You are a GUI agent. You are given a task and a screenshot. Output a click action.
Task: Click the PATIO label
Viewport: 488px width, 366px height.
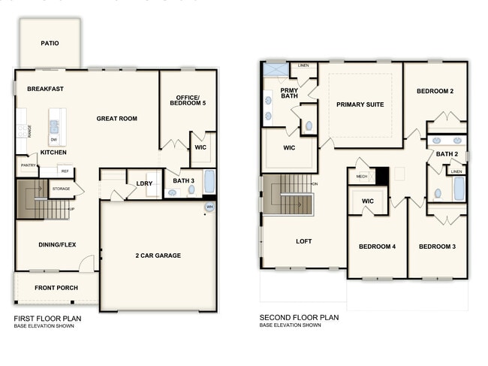[x=50, y=43]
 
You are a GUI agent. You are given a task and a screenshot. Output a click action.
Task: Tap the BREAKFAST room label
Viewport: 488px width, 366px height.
[x=45, y=89]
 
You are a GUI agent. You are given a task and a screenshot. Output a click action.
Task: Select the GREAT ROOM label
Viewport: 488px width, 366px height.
[x=116, y=119]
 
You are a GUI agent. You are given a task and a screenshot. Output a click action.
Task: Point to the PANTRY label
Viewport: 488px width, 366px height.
[x=29, y=165]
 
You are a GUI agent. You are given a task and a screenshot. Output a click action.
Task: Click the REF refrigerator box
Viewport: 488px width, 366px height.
[x=65, y=171]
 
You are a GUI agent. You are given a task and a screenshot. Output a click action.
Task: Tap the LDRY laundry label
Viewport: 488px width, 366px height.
[x=144, y=183]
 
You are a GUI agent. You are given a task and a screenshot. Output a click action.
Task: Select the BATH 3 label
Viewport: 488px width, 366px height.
[x=183, y=180]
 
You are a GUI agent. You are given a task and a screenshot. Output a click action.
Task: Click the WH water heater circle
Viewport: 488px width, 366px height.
[x=209, y=207]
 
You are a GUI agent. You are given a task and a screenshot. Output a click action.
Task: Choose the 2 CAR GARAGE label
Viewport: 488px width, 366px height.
[x=158, y=256]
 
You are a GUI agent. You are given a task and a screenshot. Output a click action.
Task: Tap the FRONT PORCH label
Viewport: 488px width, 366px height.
[x=56, y=288]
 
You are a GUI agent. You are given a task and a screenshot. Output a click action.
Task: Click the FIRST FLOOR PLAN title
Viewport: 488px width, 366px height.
[x=47, y=318]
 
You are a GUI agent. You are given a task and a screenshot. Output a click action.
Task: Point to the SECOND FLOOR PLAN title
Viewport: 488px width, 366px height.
[x=299, y=317]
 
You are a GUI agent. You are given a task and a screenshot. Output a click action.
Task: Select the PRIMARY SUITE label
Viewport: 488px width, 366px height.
[x=360, y=104]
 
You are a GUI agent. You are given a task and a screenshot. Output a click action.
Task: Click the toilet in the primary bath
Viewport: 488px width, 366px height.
[x=307, y=127]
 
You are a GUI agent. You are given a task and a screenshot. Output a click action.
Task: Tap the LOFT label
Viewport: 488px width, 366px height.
[x=303, y=241]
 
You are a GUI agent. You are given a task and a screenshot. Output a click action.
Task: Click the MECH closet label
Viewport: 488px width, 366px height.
[x=361, y=177]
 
